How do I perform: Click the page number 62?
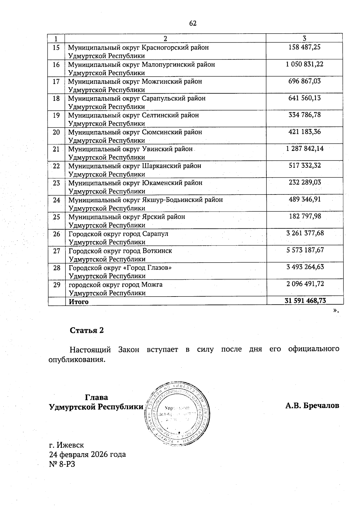[x=193, y=23]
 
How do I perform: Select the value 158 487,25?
[x=304, y=47]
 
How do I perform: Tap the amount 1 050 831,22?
[x=304, y=64]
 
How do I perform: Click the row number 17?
[x=56, y=81]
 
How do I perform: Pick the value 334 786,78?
[x=304, y=115]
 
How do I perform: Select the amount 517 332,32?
[x=304, y=165]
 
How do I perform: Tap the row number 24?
[x=56, y=200]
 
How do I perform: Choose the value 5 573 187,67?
[x=305, y=250]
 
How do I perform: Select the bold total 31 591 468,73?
[x=305, y=301]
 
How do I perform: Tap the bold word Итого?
[x=79, y=302]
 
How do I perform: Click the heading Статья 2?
[x=87, y=330]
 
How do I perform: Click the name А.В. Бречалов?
[x=312, y=406]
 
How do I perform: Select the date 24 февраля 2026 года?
[x=87, y=454]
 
